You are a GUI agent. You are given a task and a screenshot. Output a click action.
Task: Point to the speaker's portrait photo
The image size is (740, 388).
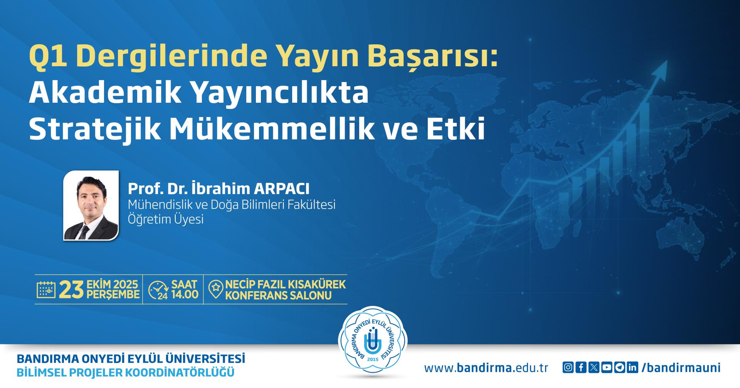coord(91,206)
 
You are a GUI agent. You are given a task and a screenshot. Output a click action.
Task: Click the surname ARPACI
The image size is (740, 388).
coord(281,189)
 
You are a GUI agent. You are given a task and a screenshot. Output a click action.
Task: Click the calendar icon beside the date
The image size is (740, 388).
coord(46,289)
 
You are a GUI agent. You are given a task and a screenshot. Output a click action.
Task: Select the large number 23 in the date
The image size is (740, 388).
coord(71,290)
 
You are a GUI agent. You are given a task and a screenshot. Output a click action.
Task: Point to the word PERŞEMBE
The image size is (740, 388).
coord(113,295)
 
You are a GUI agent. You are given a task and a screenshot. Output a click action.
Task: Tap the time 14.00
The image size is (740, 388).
coord(185,295)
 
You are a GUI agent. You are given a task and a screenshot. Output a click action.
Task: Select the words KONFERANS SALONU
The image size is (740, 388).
coord(278,296)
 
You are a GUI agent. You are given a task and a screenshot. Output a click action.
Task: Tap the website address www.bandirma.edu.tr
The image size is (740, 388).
coord(486,368)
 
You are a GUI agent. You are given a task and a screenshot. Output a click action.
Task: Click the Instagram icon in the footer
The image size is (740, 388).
coord(568,368)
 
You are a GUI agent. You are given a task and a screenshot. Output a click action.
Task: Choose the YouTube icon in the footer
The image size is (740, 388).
coord(607,368)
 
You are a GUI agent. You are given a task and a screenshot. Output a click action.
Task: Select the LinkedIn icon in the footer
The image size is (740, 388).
coord(632,368)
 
